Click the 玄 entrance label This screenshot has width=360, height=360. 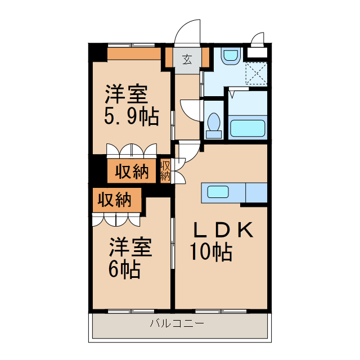point(186,58)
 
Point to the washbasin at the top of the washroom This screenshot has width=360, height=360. point(231,56)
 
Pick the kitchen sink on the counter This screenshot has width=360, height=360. point(218,192)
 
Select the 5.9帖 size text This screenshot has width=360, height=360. point(131,116)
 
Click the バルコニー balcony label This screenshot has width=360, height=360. point(177,323)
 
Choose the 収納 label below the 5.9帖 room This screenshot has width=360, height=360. point(132,172)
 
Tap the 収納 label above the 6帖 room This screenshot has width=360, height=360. point(115,200)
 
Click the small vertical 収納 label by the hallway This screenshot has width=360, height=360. point(165,170)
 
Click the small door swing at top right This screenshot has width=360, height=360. point(258,39)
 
